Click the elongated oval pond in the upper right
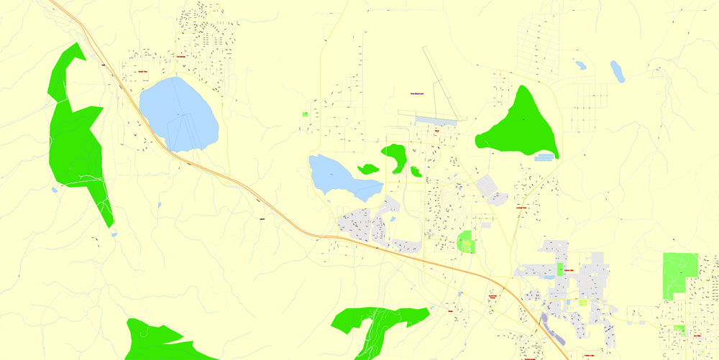[617, 71]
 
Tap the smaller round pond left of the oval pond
[580, 65]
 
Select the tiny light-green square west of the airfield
[305, 114]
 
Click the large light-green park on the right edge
[679, 273]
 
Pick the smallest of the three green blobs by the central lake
[416, 171]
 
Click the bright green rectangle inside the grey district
[560, 271]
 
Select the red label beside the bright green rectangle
[571, 270]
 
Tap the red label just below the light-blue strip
[436, 131]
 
